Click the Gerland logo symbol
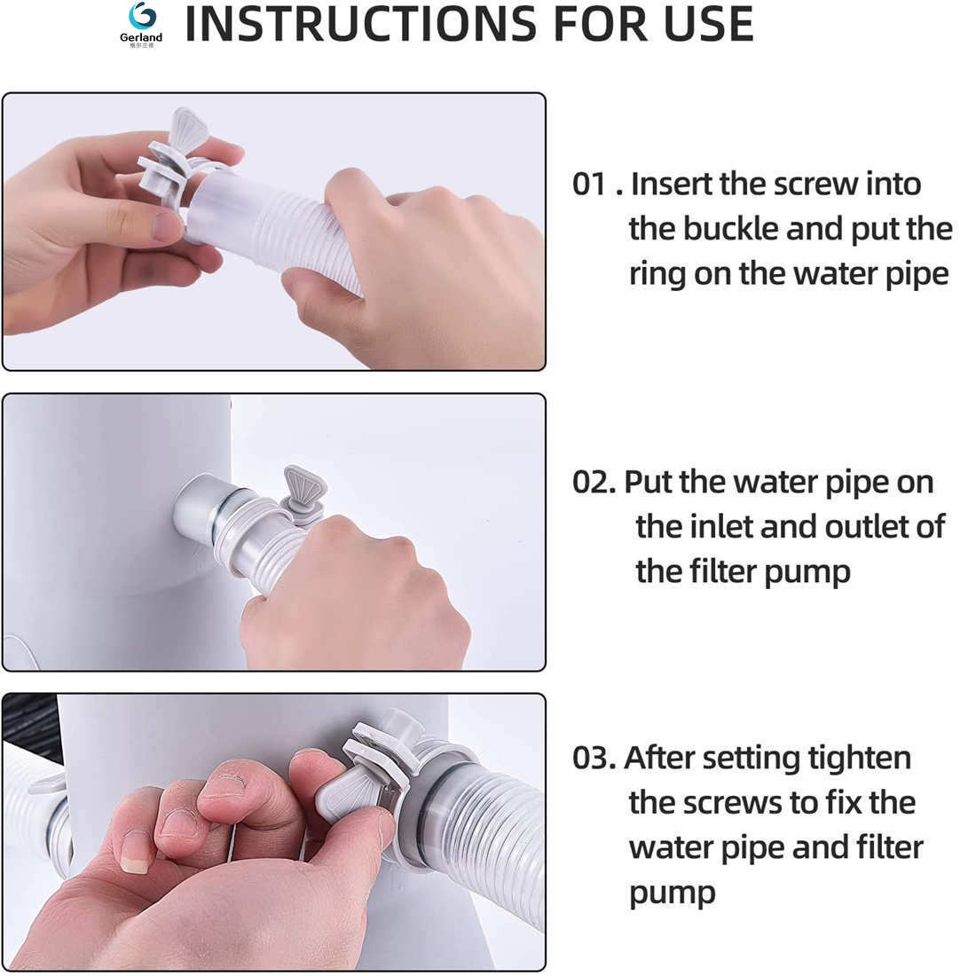[143, 16]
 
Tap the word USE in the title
[709, 24]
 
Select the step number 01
[589, 185]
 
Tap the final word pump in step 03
[673, 894]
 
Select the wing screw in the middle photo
[304, 491]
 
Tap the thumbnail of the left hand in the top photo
[166, 226]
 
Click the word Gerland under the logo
[141, 37]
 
